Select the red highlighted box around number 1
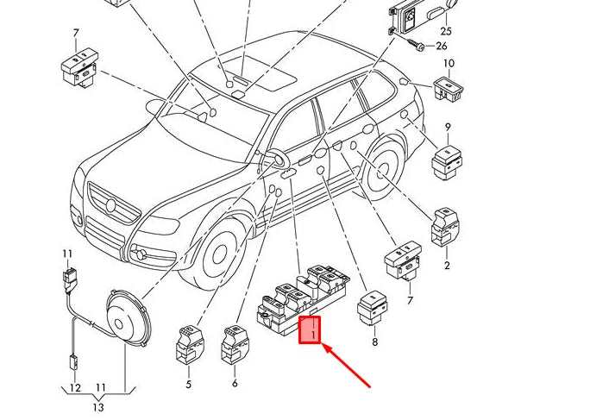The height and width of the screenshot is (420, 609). pos(310,330)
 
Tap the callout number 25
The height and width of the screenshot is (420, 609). pos(446,31)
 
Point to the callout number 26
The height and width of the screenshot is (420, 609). pos(443,46)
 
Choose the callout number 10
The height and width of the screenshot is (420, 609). pos(449,64)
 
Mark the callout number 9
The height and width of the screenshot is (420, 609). pos(448,128)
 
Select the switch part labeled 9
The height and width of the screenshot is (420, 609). pos(447,160)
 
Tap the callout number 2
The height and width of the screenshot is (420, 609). pos(447,265)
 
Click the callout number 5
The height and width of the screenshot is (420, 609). pos(188,384)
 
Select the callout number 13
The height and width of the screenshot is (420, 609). pos(99,407)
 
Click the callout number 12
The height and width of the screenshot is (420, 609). pos(75,388)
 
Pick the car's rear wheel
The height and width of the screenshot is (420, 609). pos(380,170)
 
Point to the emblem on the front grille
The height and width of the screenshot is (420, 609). pos(110,204)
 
